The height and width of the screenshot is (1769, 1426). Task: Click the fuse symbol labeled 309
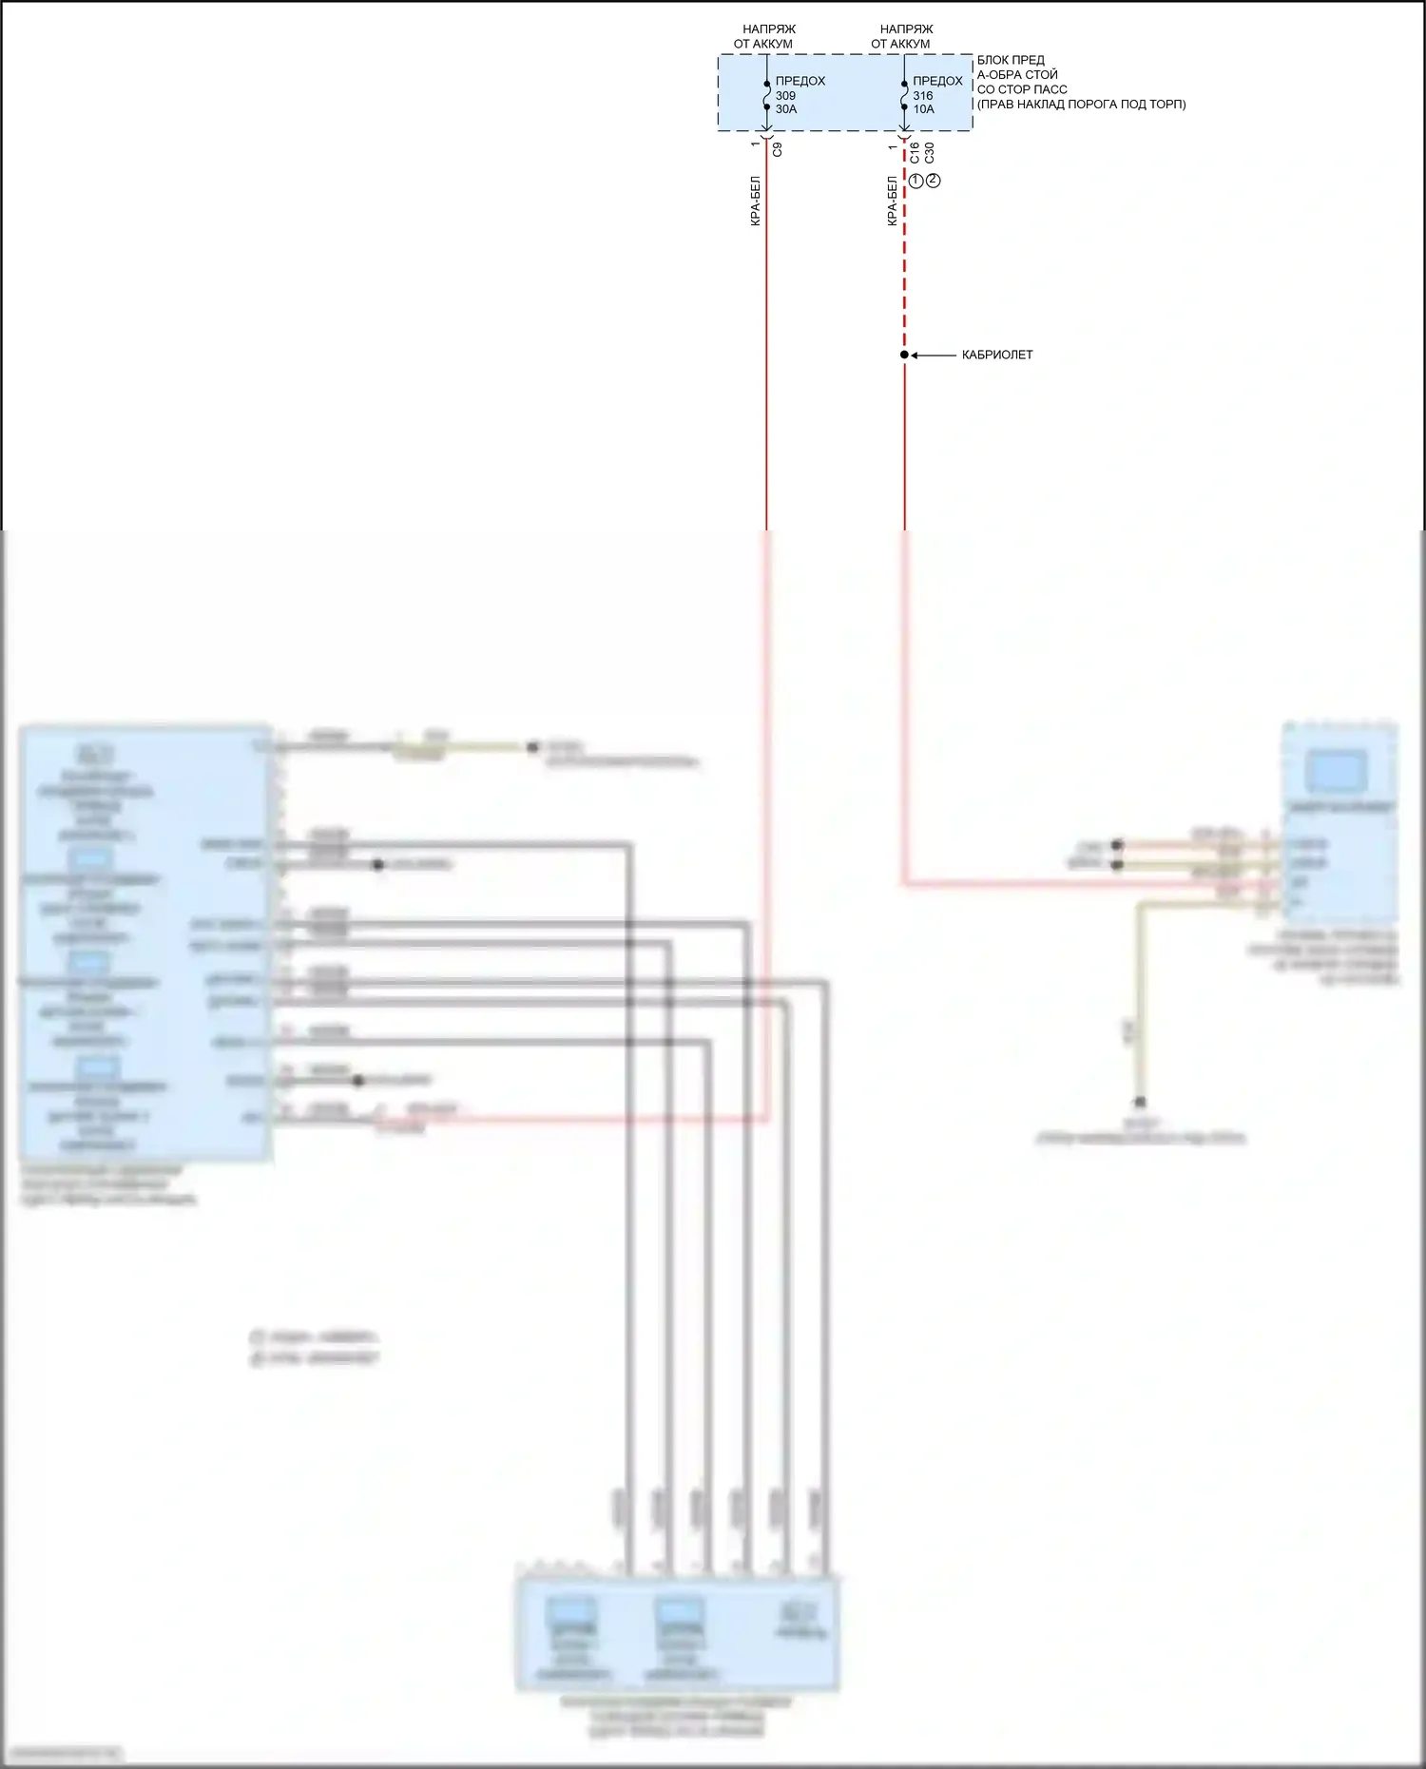tap(766, 95)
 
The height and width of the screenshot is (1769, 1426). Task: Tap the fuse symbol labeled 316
tap(904, 95)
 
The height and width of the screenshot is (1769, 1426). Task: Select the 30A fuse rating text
tap(786, 109)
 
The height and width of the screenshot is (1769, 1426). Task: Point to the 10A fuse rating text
tap(924, 109)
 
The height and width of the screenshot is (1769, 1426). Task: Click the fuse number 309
tap(785, 95)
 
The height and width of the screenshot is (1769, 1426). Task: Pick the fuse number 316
tap(923, 95)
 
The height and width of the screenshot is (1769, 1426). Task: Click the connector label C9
tap(778, 149)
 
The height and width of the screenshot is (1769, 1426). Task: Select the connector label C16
tap(915, 152)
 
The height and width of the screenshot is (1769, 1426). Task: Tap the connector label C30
tap(929, 152)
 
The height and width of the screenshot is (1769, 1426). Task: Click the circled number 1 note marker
tap(916, 181)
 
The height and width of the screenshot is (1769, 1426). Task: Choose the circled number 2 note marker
tap(934, 181)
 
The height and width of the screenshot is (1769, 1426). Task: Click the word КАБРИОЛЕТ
tap(997, 355)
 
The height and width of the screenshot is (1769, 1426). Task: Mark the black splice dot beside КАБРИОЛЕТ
tap(904, 355)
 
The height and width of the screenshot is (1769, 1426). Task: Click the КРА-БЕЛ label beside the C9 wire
tap(755, 201)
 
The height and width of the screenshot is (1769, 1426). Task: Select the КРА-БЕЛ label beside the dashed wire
tap(892, 201)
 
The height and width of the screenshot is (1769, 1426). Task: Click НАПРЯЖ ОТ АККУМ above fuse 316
tap(902, 36)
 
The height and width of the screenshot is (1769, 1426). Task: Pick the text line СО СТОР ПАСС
tap(1022, 89)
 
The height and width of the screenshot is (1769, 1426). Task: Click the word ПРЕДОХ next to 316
tap(937, 81)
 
